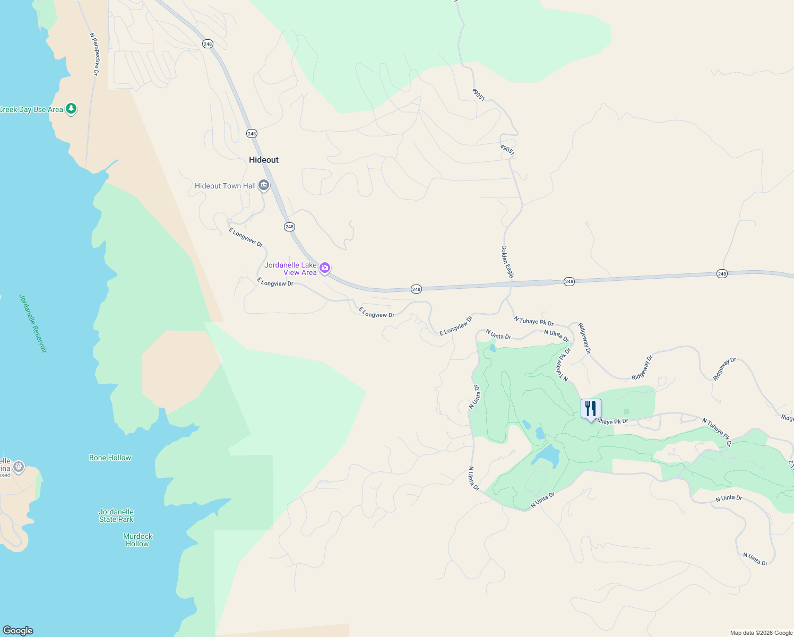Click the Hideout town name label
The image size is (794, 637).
(264, 160)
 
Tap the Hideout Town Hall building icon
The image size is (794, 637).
(264, 186)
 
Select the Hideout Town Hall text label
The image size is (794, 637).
(225, 186)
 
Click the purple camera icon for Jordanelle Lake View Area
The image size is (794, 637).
(325, 268)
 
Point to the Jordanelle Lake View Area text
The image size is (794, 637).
(291, 269)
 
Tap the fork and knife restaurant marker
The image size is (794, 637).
(591, 409)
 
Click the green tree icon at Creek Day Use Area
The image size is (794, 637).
(71, 109)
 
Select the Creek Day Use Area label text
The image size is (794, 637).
(31, 110)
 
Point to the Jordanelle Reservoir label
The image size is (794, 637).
(33, 323)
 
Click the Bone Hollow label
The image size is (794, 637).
(110, 458)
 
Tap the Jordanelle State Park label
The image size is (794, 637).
(116, 515)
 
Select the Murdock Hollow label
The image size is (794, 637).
(137, 540)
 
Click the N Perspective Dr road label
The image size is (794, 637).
(94, 54)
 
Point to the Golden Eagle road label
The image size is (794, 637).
(507, 261)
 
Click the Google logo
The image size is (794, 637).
(18, 631)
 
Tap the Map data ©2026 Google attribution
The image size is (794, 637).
(761, 633)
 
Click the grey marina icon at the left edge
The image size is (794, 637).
(19, 467)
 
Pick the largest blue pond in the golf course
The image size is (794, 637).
(546, 455)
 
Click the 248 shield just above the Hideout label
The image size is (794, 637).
(252, 134)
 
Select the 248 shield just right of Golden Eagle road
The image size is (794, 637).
(569, 281)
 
